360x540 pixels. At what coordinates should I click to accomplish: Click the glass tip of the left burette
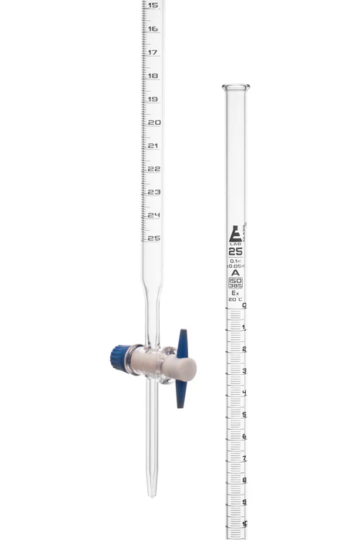pyautogui.click(x=152, y=488)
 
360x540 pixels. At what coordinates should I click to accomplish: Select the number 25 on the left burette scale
pyautogui.click(x=154, y=238)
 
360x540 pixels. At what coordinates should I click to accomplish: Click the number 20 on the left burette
pyautogui.click(x=154, y=123)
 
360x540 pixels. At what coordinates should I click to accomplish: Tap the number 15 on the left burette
pyautogui.click(x=153, y=5)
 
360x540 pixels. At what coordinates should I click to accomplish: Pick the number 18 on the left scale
pyautogui.click(x=153, y=76)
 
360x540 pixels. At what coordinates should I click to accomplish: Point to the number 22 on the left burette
pyautogui.click(x=154, y=168)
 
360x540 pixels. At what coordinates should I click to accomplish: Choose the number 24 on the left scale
pyautogui.click(x=154, y=214)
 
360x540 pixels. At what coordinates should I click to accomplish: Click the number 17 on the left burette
pyautogui.click(x=153, y=52)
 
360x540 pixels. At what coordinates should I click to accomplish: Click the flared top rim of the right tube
pyautogui.click(x=235, y=86)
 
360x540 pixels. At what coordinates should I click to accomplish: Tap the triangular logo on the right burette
pyautogui.click(x=236, y=234)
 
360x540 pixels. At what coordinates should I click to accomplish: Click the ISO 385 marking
pyautogui.click(x=236, y=282)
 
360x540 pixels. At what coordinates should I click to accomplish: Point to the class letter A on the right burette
pyautogui.click(x=236, y=272)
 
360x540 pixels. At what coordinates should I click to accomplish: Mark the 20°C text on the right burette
pyautogui.click(x=236, y=299)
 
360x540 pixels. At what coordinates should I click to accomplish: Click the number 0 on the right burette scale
pyautogui.click(x=244, y=305)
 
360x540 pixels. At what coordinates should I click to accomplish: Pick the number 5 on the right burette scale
pyautogui.click(x=244, y=415)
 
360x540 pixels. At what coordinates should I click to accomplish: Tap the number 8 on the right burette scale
pyautogui.click(x=244, y=481)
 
